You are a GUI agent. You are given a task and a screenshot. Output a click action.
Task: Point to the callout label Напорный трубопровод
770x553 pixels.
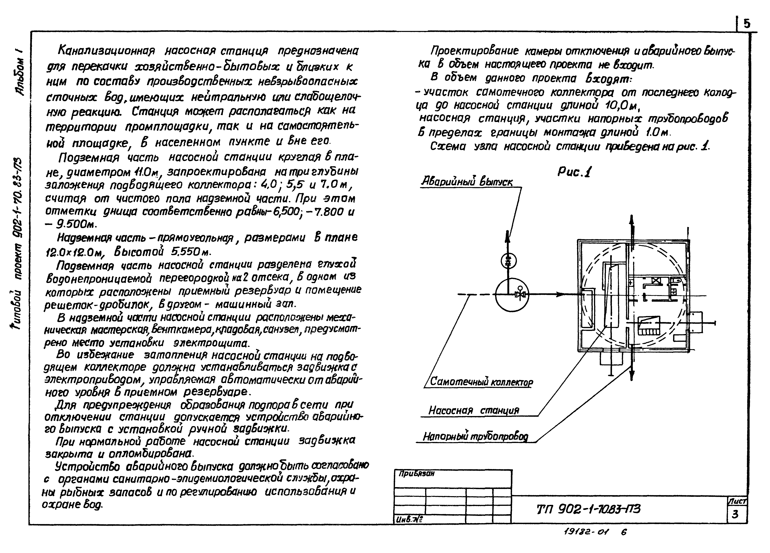coord(475,437)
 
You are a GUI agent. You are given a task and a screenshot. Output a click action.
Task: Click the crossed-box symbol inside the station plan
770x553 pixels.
coord(656,281)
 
